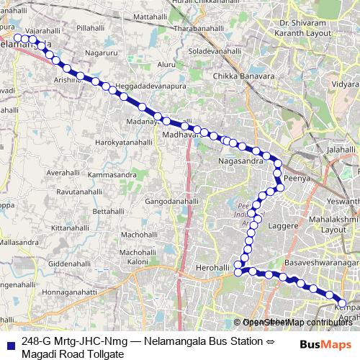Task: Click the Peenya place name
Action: pos(296,176)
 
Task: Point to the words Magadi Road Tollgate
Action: pos(73,354)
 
